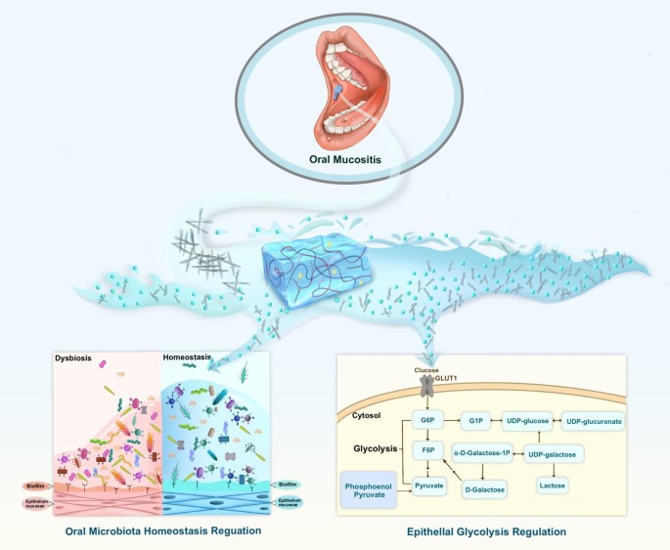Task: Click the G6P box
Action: click(x=427, y=421)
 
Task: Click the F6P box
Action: click(x=427, y=450)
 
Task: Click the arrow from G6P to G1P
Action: click(x=452, y=421)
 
